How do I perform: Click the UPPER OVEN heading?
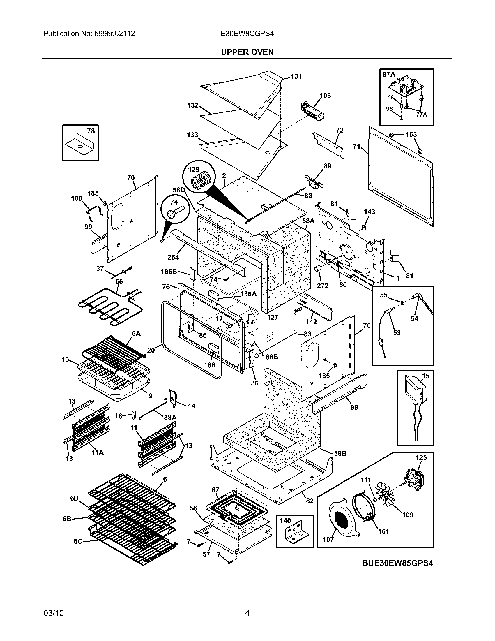pyautogui.click(x=247, y=52)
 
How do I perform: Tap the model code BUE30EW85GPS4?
pyautogui.click(x=397, y=563)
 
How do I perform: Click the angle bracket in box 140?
pyautogui.click(x=295, y=533)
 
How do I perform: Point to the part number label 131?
pyautogui.click(x=296, y=76)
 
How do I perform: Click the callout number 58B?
pyautogui.click(x=340, y=453)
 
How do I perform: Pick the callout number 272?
pyautogui.click(x=322, y=286)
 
